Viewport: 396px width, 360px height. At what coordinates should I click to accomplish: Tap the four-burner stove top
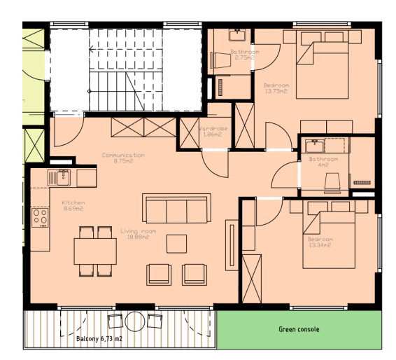(x=40, y=218)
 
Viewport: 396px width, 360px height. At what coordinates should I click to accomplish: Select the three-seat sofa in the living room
(x=176, y=208)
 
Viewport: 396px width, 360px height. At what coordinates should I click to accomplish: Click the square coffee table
(x=176, y=244)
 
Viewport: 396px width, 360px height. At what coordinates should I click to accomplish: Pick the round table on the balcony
(x=135, y=321)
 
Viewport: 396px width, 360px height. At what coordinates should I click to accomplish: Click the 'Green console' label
(x=299, y=329)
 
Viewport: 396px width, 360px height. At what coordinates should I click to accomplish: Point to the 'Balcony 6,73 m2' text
(x=99, y=338)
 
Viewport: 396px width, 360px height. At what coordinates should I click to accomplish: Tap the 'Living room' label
(x=138, y=231)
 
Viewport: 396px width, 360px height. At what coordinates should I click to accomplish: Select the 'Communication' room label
(x=123, y=155)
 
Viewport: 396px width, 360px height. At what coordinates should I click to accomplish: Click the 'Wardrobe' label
(x=213, y=128)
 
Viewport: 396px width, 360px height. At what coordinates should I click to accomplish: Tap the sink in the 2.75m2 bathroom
(x=237, y=35)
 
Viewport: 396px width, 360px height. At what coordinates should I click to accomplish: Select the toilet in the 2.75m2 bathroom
(x=220, y=60)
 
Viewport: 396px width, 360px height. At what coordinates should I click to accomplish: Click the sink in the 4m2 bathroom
(x=314, y=146)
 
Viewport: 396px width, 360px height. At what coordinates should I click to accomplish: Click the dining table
(x=95, y=251)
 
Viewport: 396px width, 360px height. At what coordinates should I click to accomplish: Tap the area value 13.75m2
(x=276, y=91)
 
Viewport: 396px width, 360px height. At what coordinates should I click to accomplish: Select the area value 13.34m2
(x=320, y=244)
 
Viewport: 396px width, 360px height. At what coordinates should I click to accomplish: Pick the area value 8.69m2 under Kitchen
(x=73, y=208)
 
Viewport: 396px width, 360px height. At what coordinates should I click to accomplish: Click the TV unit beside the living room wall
(x=232, y=245)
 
